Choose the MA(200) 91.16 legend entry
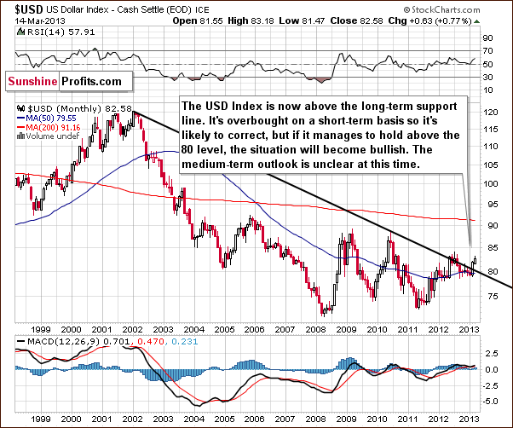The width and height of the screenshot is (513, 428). point(46,128)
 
